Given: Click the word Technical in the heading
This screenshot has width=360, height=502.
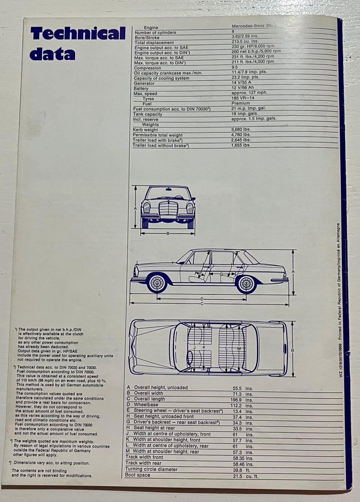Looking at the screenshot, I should (78, 34).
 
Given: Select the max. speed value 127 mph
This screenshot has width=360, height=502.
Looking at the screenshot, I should (249, 93).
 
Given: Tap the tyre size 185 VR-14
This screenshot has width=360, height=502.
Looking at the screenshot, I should (243, 98).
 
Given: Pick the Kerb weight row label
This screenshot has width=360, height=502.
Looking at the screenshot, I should (145, 130).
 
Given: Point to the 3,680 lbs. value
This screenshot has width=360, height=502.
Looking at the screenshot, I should (241, 130).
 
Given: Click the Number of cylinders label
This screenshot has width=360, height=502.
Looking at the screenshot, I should (155, 33).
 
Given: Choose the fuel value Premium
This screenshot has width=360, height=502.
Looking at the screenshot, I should (241, 103).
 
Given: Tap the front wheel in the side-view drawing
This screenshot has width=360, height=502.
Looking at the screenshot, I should (156, 284).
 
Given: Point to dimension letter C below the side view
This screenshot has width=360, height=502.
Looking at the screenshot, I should (202, 304).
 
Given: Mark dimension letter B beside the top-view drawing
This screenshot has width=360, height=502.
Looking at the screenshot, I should (292, 351).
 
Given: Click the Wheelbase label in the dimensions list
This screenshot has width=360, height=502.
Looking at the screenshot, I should (146, 405).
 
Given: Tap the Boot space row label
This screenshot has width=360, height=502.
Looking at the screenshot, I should (138, 475).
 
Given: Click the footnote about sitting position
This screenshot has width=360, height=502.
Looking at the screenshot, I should (51, 463).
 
